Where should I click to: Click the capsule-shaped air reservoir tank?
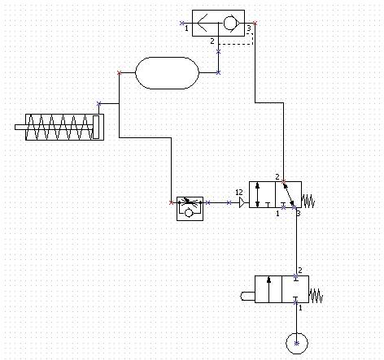click(167, 72)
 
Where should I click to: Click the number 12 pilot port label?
click(238, 193)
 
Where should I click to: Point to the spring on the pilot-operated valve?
click(308, 200)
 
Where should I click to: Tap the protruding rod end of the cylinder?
click(20, 126)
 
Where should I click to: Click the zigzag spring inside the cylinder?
click(61, 126)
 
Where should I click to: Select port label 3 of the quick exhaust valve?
click(249, 30)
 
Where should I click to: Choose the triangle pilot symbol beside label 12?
click(242, 202)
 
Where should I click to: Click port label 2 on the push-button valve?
click(300, 271)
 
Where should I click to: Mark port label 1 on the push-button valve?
click(299, 309)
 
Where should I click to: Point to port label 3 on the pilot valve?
click(298, 213)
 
